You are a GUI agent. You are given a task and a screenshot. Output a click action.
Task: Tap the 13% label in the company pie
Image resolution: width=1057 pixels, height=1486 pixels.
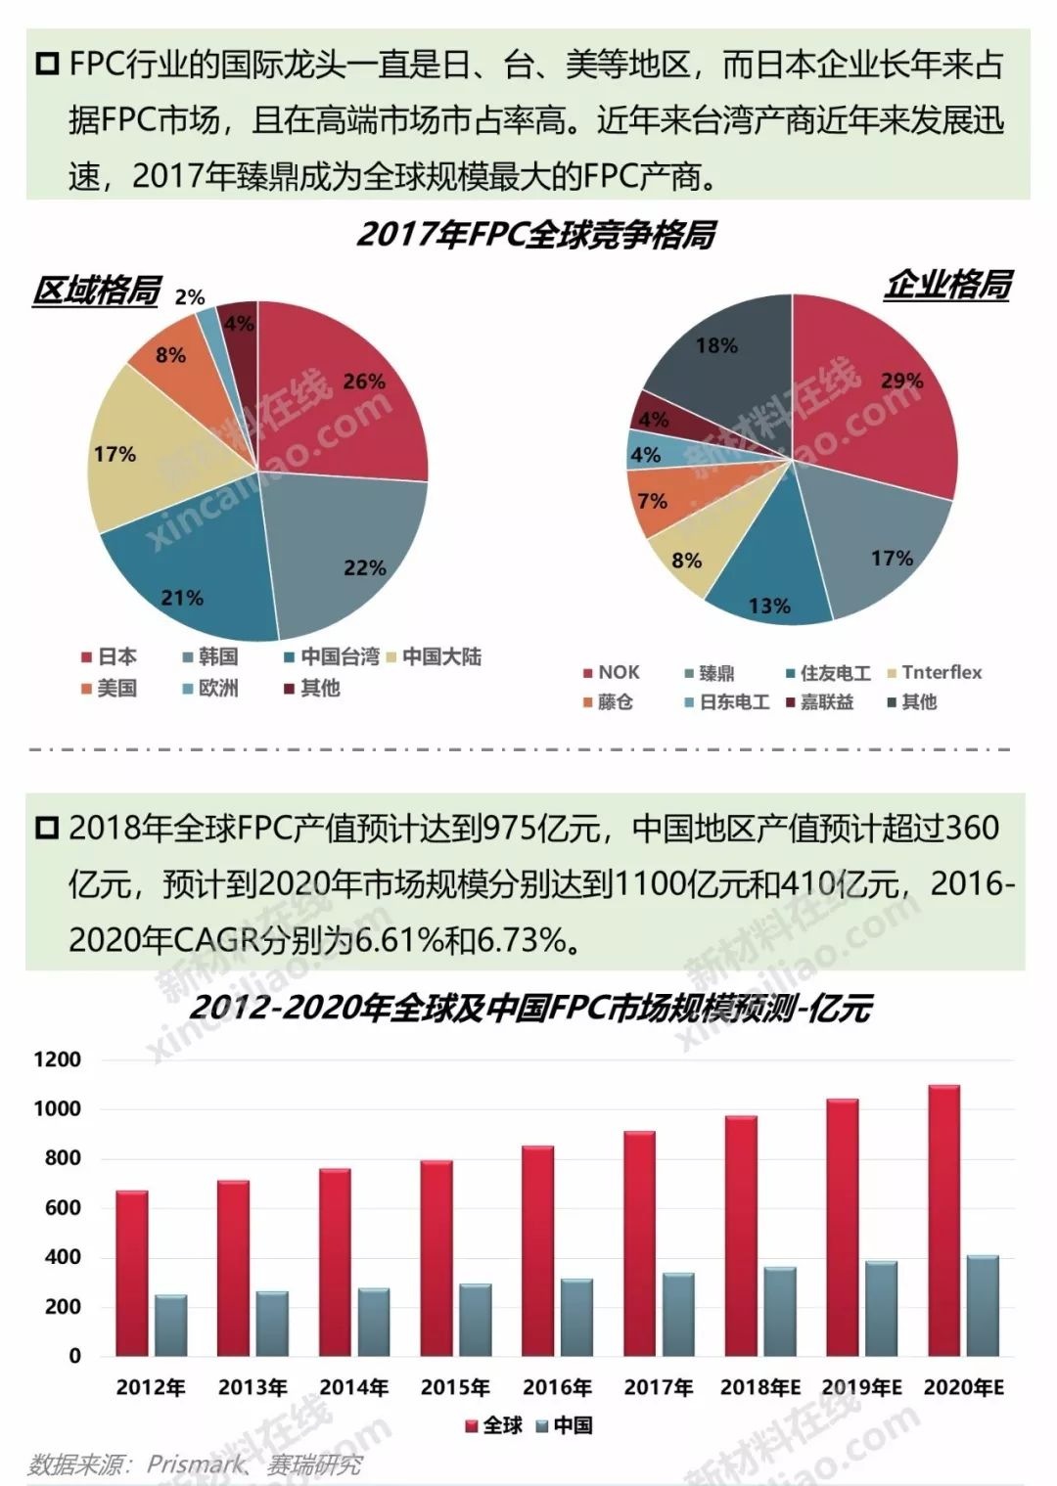[x=769, y=607]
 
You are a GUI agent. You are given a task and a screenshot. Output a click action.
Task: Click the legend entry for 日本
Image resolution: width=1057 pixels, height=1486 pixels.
[x=110, y=656]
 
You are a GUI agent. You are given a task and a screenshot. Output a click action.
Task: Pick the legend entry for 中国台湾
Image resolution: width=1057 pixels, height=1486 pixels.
[x=331, y=656]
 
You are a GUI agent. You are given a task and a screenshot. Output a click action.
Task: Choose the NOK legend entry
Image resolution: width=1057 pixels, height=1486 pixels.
[x=611, y=672]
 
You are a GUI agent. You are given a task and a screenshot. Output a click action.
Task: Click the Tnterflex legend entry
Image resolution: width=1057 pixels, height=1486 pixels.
[x=934, y=672]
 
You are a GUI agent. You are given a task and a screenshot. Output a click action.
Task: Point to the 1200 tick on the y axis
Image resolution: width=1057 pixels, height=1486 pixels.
[x=58, y=1059]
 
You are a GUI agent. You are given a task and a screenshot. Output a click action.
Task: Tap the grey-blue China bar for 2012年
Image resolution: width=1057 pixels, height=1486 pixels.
[x=170, y=1326]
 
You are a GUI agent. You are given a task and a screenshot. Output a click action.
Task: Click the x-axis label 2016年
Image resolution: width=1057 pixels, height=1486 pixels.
[x=557, y=1387]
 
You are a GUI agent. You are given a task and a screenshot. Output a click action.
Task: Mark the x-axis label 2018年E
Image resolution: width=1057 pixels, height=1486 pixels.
[x=760, y=1387]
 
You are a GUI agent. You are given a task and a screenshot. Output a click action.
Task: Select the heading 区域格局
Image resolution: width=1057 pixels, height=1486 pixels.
[x=96, y=291]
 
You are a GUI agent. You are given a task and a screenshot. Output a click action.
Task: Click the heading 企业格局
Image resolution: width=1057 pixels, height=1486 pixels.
[x=946, y=285]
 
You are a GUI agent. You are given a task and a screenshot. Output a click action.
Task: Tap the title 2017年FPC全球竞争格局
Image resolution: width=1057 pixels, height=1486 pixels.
[x=535, y=235]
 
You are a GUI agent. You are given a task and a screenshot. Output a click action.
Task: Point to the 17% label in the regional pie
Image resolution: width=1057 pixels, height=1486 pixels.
[x=115, y=454]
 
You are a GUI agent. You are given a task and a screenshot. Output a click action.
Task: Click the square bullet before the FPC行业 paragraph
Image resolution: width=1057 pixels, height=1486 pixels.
[x=46, y=66]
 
